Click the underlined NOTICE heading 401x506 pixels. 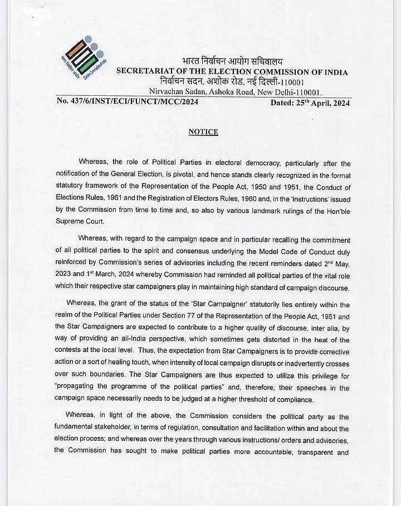(x=203, y=132)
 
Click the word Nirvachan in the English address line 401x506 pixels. (x=167, y=92)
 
